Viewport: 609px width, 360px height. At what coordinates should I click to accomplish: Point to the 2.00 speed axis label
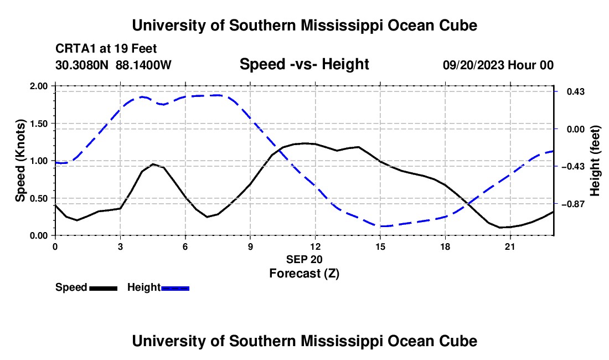coord(39,86)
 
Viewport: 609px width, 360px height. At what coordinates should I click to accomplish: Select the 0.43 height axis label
coord(576,91)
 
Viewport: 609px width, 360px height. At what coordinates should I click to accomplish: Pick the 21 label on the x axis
coord(510,246)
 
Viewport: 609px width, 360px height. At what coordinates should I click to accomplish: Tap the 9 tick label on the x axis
coord(250,246)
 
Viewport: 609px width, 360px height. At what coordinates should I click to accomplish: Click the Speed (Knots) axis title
coord(20,161)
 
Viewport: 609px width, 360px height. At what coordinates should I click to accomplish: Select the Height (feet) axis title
coord(595,161)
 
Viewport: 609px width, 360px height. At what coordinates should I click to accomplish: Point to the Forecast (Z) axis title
coord(304,274)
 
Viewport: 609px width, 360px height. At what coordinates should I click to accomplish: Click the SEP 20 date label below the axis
coord(304,259)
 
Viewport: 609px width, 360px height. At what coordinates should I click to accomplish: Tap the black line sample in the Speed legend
coord(104,288)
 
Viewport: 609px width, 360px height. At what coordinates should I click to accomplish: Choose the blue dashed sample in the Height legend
coord(175,288)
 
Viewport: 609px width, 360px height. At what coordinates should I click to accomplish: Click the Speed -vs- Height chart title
coord(304,64)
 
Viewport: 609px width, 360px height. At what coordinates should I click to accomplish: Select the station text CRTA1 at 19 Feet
coord(106,49)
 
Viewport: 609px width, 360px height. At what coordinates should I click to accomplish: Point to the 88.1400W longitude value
coord(143,65)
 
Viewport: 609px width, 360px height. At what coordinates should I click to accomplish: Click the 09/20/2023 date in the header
coord(473,65)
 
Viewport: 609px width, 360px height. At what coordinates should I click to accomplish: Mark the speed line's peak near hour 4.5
coord(153,164)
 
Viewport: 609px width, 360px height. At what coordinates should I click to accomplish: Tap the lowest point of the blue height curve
coord(382,226)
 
